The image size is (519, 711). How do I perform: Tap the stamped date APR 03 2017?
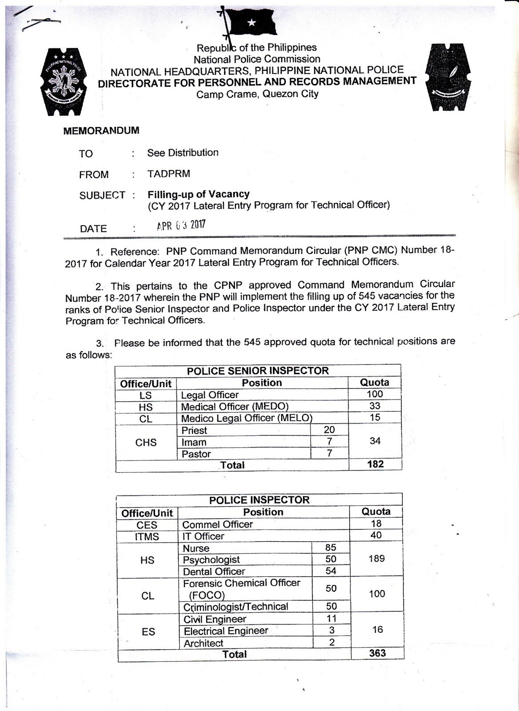click(181, 225)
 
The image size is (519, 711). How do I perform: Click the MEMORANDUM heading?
click(101, 131)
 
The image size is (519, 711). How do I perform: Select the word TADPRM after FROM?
click(168, 174)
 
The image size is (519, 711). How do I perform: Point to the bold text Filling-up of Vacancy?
click(198, 194)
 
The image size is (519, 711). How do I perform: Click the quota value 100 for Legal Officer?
click(375, 394)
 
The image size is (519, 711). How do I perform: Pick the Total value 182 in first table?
click(375, 464)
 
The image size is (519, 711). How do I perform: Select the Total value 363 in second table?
click(377, 653)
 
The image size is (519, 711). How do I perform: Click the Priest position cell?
click(195, 430)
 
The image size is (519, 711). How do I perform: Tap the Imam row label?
click(194, 442)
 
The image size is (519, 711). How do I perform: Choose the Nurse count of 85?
click(331, 548)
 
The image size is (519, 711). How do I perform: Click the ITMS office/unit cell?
click(147, 537)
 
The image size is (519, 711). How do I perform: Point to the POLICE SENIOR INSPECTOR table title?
click(258, 371)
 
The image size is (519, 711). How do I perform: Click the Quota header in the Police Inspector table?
click(376, 511)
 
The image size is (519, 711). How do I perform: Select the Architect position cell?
click(204, 643)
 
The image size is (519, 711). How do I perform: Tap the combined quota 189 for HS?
click(376, 559)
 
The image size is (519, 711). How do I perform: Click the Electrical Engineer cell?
click(226, 631)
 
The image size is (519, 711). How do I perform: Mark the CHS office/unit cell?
click(146, 442)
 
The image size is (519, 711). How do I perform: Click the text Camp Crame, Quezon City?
click(257, 94)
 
